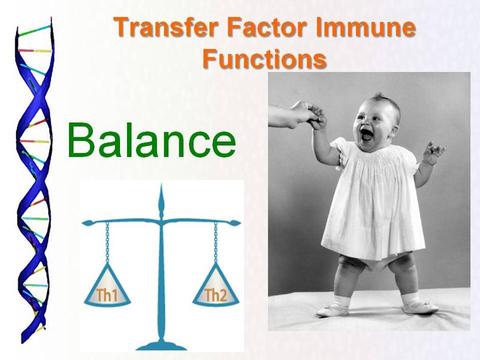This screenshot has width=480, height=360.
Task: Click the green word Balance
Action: (x=152, y=140)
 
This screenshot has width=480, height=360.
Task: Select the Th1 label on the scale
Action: (x=107, y=295)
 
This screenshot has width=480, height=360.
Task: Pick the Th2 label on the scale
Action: (x=215, y=295)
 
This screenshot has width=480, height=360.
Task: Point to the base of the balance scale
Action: (x=161, y=346)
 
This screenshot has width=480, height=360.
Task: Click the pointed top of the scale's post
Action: (x=161, y=184)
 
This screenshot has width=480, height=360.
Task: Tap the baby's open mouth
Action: (x=366, y=134)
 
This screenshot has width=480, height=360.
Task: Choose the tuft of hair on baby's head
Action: (x=379, y=95)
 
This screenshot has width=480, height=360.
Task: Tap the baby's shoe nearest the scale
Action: (x=332, y=310)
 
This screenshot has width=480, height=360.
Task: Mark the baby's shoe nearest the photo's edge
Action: (x=421, y=307)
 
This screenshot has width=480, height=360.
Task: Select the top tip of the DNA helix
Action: (x=51, y=18)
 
